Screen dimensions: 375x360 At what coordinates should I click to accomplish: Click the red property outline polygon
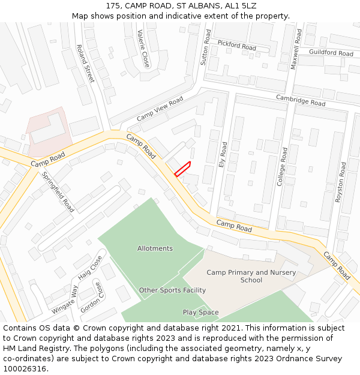pyautogui.click(x=182, y=169)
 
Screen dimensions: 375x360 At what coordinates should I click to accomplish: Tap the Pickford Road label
pyautogui.click(x=236, y=45)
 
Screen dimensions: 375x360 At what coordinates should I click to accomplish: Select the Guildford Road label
pyautogui.click(x=331, y=53)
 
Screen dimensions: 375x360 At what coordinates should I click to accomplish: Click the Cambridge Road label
pyautogui.click(x=301, y=100)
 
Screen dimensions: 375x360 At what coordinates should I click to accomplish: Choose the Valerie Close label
pyautogui.click(x=143, y=49)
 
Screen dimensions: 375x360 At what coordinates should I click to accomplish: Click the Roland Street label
pyautogui.click(x=85, y=64)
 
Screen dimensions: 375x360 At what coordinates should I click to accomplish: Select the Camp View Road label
pyautogui.click(x=160, y=108)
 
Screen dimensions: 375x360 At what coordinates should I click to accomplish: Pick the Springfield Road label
pyautogui.click(x=58, y=192)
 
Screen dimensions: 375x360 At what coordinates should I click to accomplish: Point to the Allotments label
pyautogui.click(x=155, y=248)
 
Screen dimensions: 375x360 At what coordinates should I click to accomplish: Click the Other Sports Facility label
pyautogui.click(x=172, y=290)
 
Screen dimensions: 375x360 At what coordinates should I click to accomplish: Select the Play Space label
pyautogui.click(x=200, y=313)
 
